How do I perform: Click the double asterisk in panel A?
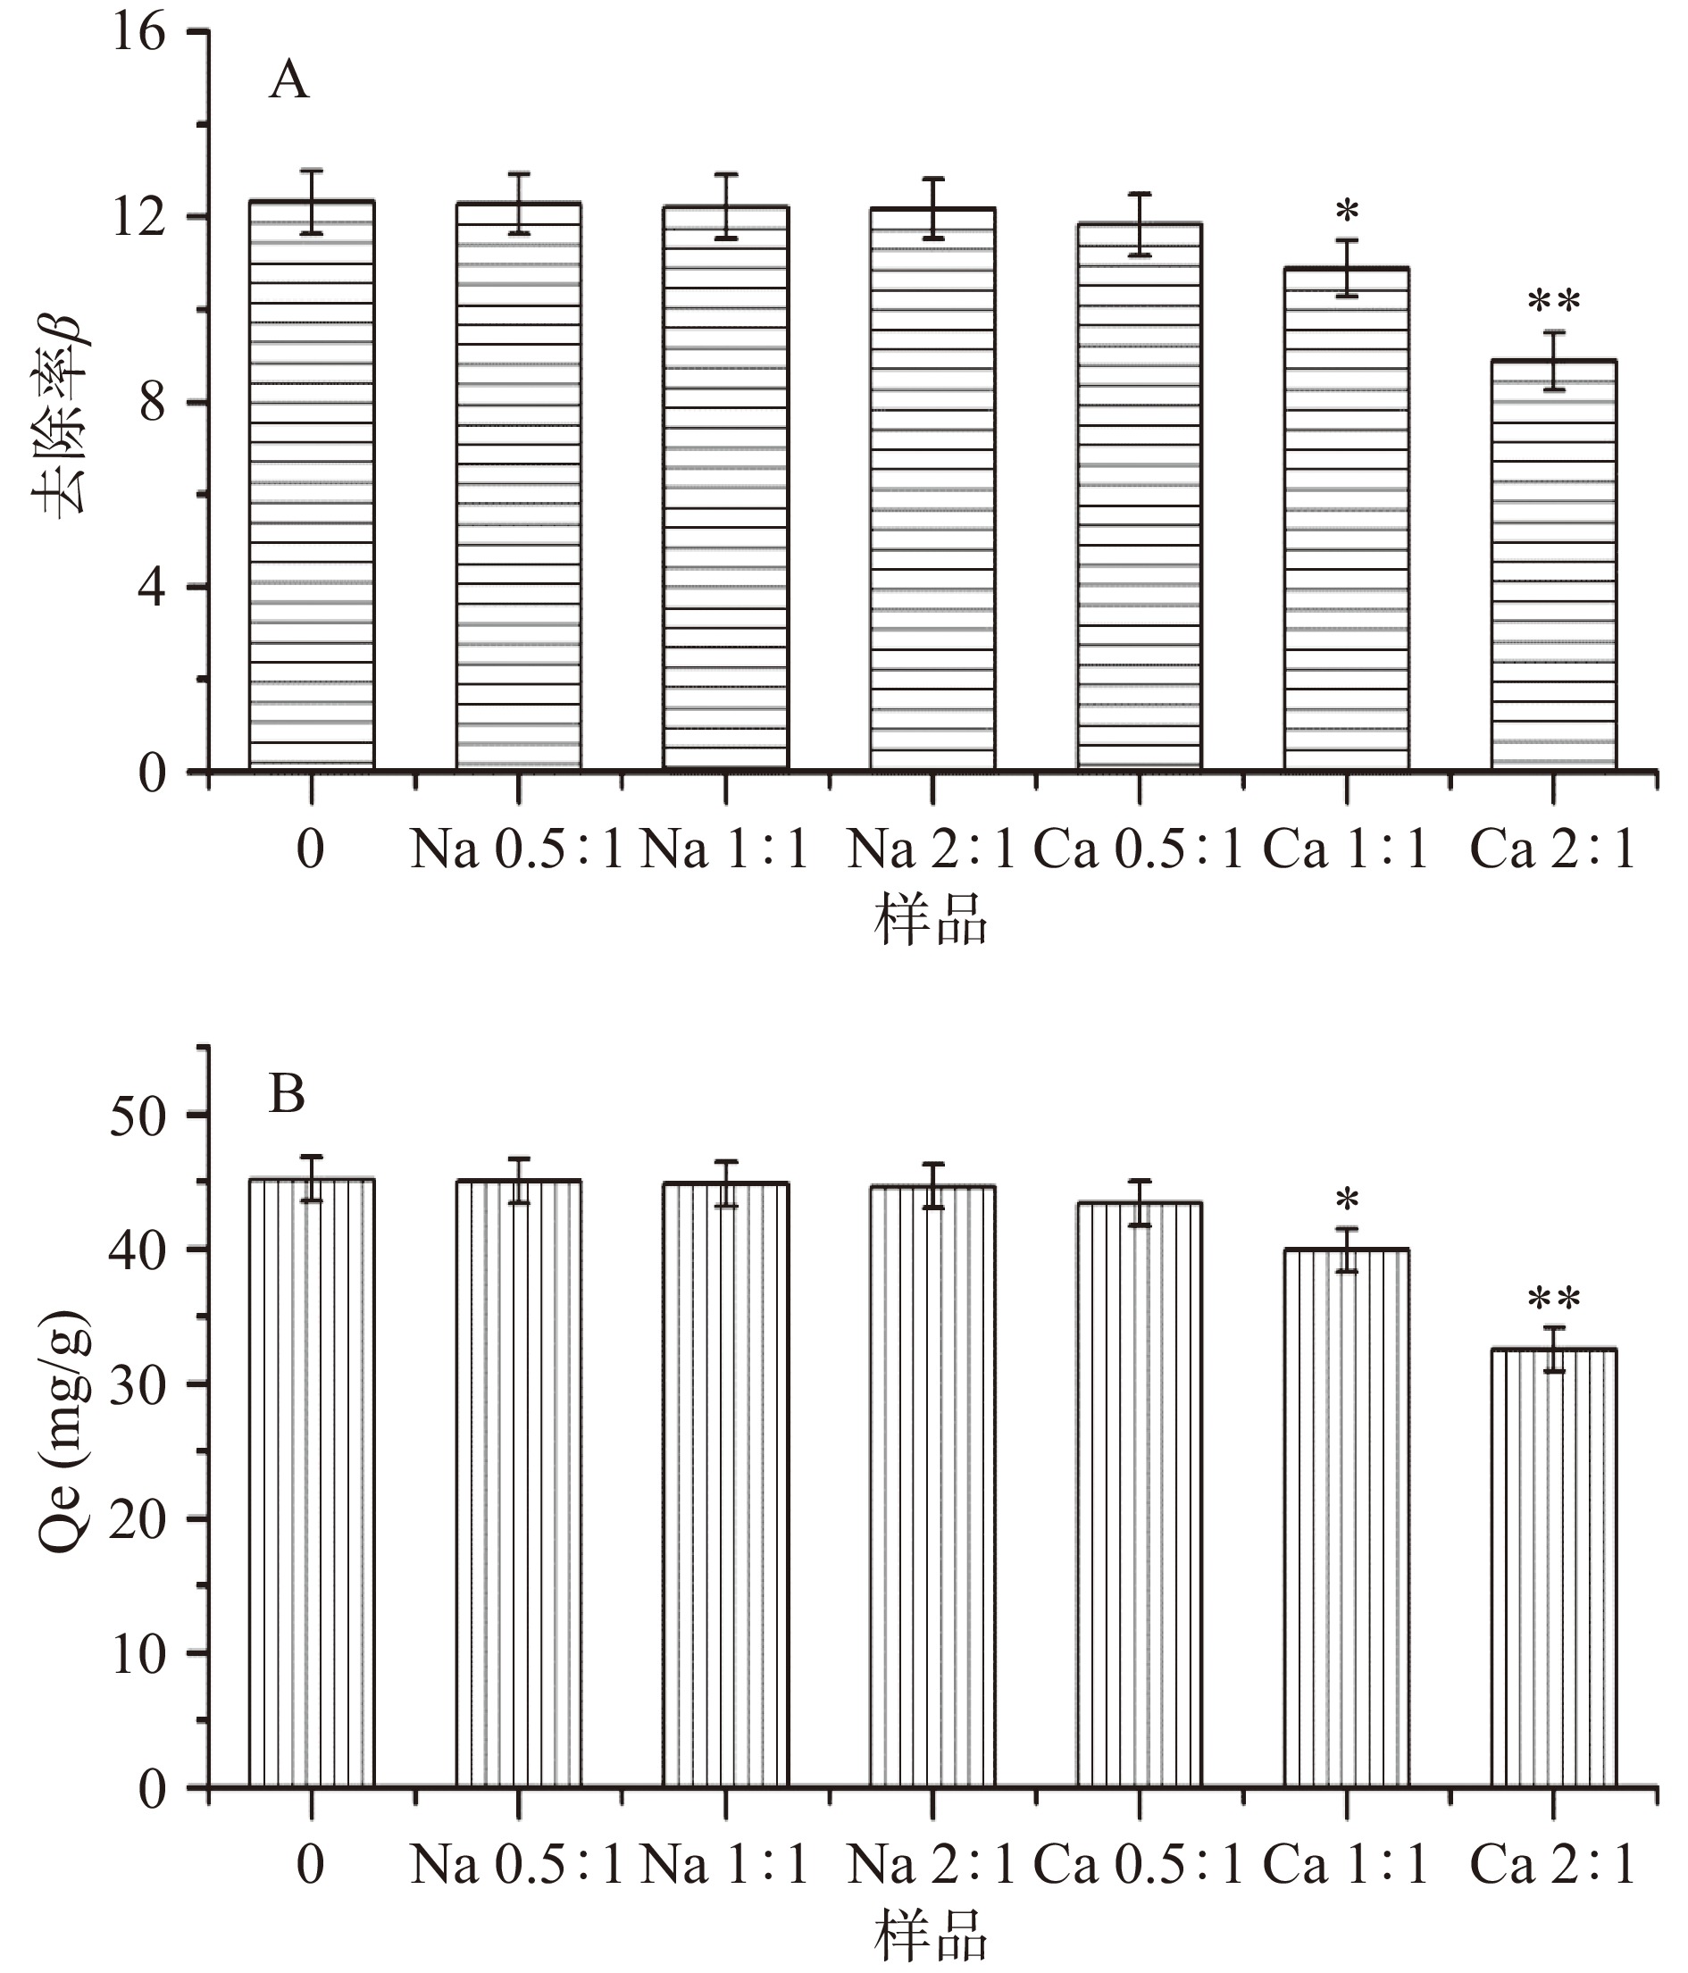pos(1554,303)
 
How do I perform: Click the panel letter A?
pos(288,81)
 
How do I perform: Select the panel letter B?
pos(287,1094)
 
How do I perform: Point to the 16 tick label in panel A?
pos(138,33)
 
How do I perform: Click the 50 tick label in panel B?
pos(138,1115)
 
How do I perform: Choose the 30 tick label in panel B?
pos(138,1384)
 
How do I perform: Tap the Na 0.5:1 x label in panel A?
pos(515,849)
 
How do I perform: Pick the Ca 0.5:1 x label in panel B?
pos(1139,1863)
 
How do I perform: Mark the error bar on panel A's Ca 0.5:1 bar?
pos(1140,225)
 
